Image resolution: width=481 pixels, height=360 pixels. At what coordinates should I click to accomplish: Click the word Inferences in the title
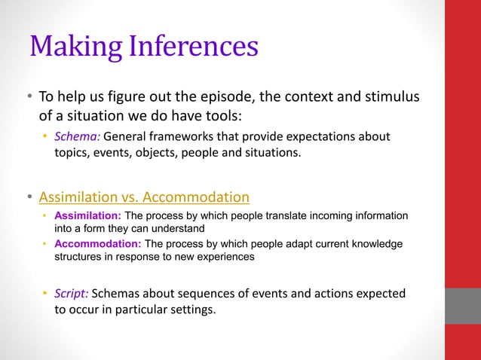coord(194,47)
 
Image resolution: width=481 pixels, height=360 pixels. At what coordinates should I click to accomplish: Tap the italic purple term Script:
coord(72,293)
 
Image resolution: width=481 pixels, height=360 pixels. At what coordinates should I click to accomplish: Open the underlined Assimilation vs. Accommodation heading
coord(144,197)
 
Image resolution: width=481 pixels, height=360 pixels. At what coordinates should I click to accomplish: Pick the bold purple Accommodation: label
coord(97,244)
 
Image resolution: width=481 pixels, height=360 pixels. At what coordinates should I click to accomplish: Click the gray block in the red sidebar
coord(463,306)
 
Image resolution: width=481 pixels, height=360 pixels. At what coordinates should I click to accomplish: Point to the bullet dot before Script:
coord(44,293)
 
